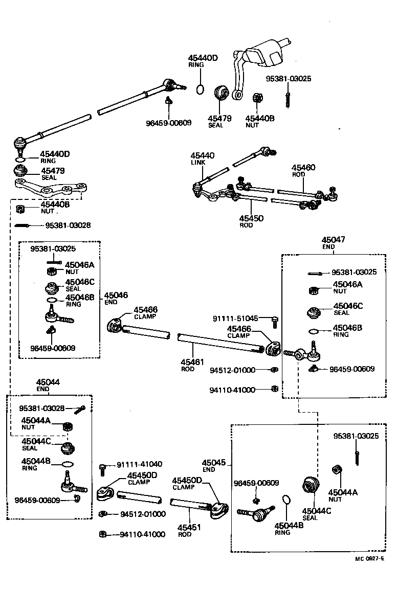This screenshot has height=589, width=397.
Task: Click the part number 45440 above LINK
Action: pyautogui.click(x=203, y=155)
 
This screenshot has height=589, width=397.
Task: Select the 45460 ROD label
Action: pyautogui.click(x=303, y=168)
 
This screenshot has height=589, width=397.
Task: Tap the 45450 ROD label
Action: pyautogui.click(x=251, y=218)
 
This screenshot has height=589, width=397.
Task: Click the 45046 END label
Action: pyautogui.click(x=116, y=296)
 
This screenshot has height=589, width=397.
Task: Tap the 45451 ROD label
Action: pyautogui.click(x=189, y=527)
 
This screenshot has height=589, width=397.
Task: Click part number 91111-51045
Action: pyautogui.click(x=235, y=318)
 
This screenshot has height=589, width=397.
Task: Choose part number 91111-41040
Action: pyautogui.click(x=139, y=464)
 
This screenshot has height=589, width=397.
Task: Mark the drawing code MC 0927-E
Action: pyautogui.click(x=369, y=559)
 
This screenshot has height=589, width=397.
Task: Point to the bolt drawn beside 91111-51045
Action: pyautogui.click(x=275, y=322)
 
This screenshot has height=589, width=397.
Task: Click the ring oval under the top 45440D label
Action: pyautogui.click(x=201, y=90)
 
